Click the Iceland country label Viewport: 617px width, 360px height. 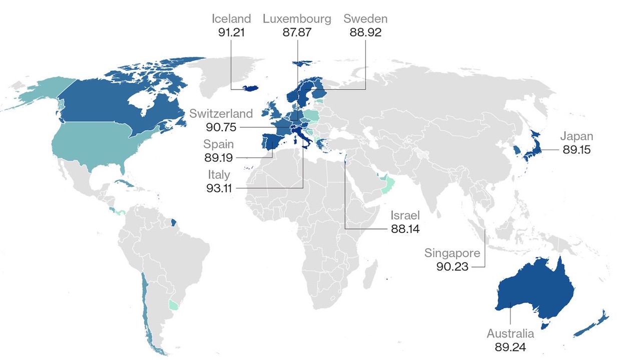click(231, 19)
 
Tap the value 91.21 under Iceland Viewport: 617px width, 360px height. click(231, 33)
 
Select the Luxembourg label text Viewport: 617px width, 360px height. click(297, 19)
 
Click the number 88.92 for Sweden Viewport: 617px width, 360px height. click(365, 33)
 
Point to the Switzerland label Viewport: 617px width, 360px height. click(221, 114)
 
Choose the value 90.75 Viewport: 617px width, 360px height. click(221, 127)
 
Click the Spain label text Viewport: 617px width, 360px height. click(218, 144)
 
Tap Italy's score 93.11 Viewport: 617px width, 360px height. click(218, 188)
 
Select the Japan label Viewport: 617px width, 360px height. click(576, 136)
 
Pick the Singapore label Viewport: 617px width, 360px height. click(452, 253)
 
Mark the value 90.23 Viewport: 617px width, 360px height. click(452, 266)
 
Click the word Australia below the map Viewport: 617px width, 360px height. click(510, 333)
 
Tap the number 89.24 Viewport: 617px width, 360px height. click(510, 346)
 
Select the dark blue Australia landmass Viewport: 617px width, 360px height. click(530, 290)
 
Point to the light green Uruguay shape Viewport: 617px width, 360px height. click(174, 304)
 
